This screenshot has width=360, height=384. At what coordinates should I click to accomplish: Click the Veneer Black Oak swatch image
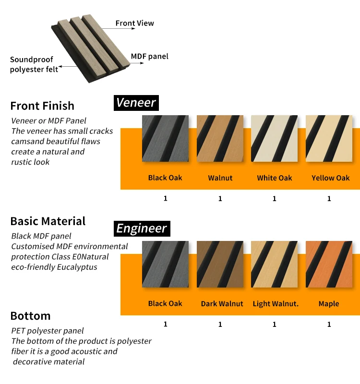point(165,138)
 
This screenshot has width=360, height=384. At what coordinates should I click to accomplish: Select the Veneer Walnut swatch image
point(220,138)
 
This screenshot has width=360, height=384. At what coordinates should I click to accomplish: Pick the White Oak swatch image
point(275,138)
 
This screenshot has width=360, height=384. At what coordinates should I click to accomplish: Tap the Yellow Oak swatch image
point(329,138)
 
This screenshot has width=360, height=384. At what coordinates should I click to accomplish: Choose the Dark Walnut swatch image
point(220,264)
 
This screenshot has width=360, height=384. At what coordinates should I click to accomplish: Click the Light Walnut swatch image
point(275,264)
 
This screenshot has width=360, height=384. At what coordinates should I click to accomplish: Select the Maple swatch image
point(329,264)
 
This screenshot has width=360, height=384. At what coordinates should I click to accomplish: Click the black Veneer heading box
point(136,103)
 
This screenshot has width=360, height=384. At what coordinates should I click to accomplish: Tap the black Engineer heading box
point(142,229)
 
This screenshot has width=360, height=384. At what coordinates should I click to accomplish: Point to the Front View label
point(135,23)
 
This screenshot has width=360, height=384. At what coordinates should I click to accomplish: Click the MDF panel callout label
point(150,56)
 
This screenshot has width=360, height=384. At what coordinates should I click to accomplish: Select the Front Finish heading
point(42,106)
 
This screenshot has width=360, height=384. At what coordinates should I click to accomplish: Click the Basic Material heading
point(48,221)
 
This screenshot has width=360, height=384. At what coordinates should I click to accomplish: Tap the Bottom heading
point(30,316)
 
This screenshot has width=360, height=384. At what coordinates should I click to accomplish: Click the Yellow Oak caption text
point(331,178)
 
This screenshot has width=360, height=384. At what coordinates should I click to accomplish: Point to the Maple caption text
point(329,304)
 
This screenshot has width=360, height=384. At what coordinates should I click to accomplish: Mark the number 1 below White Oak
point(275,198)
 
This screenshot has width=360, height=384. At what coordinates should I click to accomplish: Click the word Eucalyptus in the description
point(77,267)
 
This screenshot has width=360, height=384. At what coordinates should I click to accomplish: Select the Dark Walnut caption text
point(222,304)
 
